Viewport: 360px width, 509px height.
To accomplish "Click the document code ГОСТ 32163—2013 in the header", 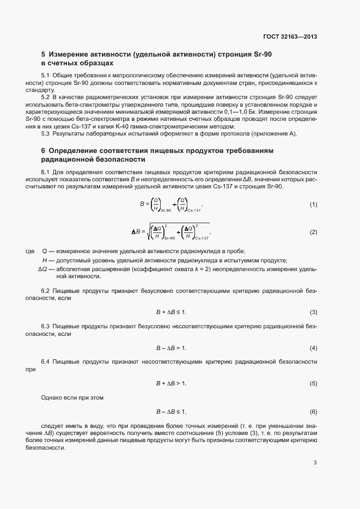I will pyautogui.click(x=290, y=37).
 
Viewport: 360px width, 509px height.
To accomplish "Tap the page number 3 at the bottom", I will pyautogui.click(x=315, y=463).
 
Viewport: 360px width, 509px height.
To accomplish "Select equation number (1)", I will pyautogui.click(x=313, y=205).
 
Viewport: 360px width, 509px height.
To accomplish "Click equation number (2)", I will pyautogui.click(x=313, y=232).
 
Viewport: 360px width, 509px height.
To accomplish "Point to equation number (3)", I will pyautogui.click(x=313, y=312).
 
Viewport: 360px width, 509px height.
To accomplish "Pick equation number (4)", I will pyautogui.click(x=313, y=348).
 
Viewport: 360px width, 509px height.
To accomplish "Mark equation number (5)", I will pyautogui.click(x=313, y=384).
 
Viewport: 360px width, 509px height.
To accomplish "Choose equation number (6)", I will pyautogui.click(x=313, y=411).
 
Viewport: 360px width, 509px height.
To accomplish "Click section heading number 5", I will pyautogui.click(x=44, y=55).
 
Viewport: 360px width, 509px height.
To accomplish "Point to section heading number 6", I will pyautogui.click(x=44, y=150).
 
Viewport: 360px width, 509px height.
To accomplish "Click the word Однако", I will pyautogui.click(x=52, y=397).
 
